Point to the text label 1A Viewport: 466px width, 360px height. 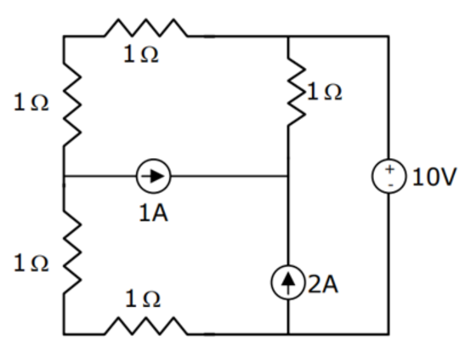tap(154, 215)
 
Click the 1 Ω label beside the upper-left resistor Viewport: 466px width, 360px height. tap(30, 103)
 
